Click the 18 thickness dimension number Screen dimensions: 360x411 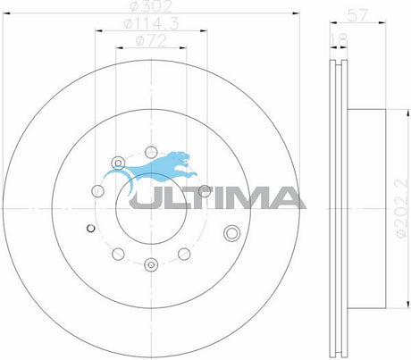point(338,40)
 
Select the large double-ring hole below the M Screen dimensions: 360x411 point(233,233)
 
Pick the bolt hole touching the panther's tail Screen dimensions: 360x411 point(116,163)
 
